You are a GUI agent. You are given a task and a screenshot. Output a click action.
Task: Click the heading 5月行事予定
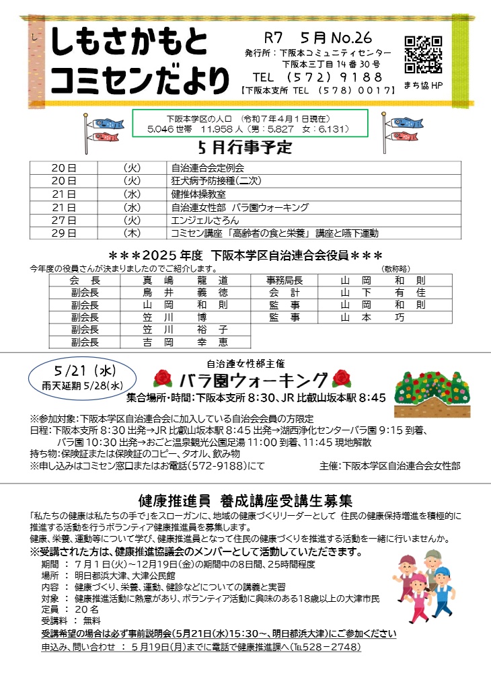[x=246, y=147]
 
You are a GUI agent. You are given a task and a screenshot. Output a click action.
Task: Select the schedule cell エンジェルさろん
[x=205, y=221]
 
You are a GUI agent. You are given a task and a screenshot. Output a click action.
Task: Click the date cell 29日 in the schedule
[x=64, y=233]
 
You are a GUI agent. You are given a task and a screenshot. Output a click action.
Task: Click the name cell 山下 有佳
[x=383, y=293]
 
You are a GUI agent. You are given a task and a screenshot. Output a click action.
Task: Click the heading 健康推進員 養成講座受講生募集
[x=245, y=501]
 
